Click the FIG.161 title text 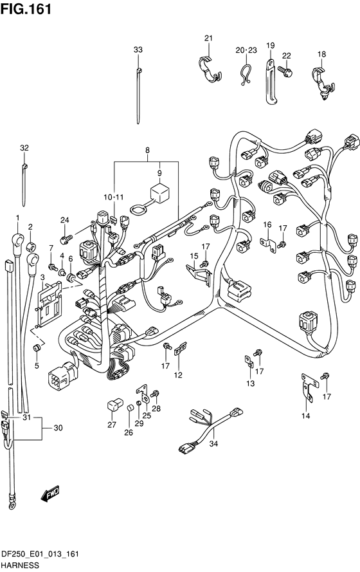coord(26,9)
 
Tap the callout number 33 coord(138,50)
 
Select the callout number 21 coord(208,38)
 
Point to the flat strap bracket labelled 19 coord(271,82)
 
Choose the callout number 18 coord(321,54)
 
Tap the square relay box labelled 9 coord(159,193)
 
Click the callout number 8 coord(147,150)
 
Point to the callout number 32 coord(24,148)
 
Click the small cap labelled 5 coord(37,347)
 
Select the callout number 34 coord(213,444)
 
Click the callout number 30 coord(59,428)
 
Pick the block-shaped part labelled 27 coord(113,405)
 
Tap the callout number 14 coord(306,416)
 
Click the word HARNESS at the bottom coord(20,565)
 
